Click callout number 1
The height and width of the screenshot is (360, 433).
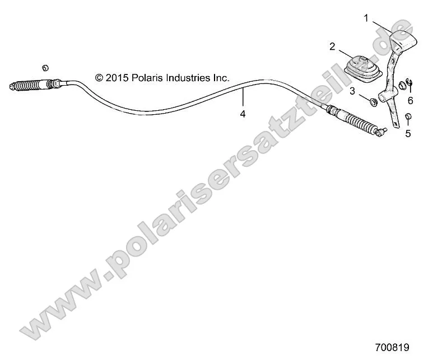366,18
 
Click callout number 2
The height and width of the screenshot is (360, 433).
332,46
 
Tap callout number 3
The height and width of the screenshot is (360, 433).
352,91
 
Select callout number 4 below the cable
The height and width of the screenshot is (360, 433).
243,114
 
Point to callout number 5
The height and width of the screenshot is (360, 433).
408,133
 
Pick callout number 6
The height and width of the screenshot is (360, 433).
410,100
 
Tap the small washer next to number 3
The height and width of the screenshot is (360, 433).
371,102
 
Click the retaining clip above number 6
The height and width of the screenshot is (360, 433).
409,83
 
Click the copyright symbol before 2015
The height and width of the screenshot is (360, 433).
99,78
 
